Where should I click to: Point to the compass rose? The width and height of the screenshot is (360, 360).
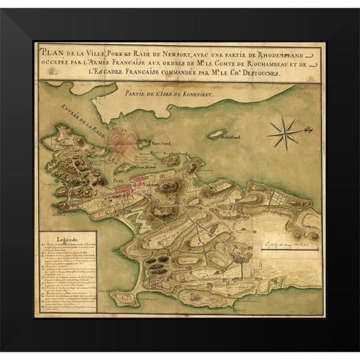[x=284, y=132]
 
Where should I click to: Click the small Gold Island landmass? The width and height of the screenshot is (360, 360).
[x=217, y=133]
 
